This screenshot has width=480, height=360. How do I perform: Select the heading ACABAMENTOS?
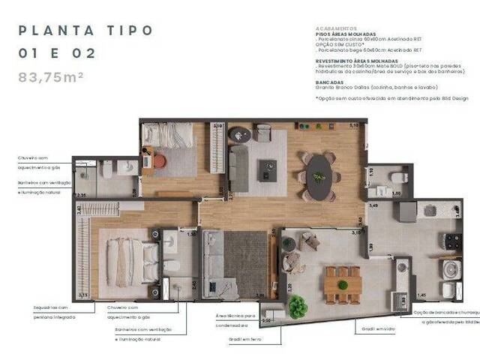[335, 28]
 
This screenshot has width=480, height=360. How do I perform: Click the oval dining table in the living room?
[319, 175]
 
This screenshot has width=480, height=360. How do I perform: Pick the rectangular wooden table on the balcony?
[343, 285]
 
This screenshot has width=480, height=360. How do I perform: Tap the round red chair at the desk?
[159, 160]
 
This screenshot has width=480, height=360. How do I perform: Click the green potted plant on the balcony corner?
[298, 305]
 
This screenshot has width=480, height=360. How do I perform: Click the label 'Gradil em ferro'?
[245, 338]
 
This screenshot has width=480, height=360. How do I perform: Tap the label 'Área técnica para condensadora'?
[237, 320]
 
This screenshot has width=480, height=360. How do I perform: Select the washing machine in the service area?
[451, 269]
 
